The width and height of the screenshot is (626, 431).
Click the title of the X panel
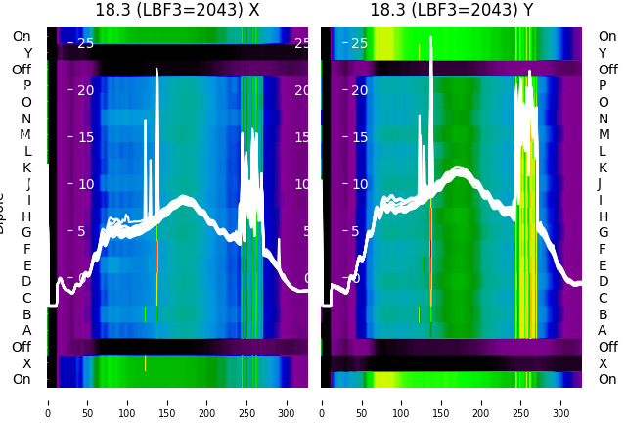click(x=177, y=10)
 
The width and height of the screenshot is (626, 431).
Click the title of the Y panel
click(x=451, y=10)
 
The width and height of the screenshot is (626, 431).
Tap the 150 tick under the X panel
click(x=167, y=401)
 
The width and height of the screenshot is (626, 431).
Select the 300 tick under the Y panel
click(x=561, y=401)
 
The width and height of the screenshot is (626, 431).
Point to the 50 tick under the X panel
click(x=87, y=401)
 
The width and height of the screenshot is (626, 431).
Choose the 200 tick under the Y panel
click(x=481, y=401)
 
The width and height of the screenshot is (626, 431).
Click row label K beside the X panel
click(x=26, y=168)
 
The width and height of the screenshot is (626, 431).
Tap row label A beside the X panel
click(x=26, y=330)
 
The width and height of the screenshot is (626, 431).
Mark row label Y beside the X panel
click(x=26, y=53)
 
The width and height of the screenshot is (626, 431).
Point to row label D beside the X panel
click(x=26, y=281)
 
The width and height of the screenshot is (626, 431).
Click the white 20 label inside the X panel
click(x=85, y=90)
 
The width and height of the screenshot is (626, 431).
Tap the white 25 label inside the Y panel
click(x=359, y=43)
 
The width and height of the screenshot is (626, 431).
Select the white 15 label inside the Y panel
click(x=359, y=137)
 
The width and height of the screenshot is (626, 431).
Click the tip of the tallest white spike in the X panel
click(x=156, y=70)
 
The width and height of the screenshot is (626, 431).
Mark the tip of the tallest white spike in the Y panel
click(x=430, y=37)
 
